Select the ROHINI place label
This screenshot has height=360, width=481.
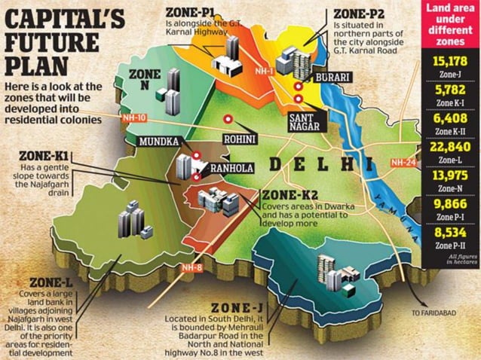click(x=240, y=139)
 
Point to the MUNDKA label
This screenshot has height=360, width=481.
click(x=158, y=140)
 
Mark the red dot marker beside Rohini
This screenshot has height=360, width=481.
click(x=226, y=119)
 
